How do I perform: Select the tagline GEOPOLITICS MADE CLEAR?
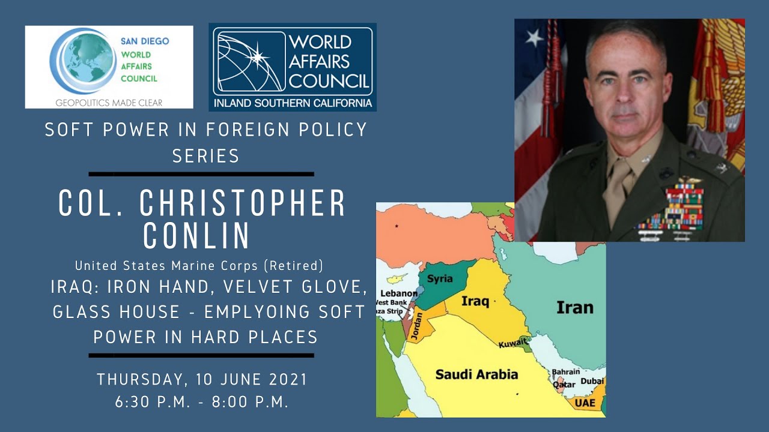[x=109, y=103]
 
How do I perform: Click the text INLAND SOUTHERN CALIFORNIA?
[x=292, y=103]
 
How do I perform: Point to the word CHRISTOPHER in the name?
[x=243, y=205]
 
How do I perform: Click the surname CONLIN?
[x=196, y=236]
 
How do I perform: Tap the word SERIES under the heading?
[x=206, y=156]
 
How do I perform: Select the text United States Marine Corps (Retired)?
[x=199, y=265]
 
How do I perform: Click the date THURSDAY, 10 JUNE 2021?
[x=202, y=380]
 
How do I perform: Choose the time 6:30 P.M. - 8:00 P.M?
[x=202, y=402]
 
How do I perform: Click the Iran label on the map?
[x=574, y=308]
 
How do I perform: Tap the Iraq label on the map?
[x=475, y=301]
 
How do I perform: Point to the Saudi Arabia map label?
[x=476, y=374]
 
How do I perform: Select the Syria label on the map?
[x=440, y=279]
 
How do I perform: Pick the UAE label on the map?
[x=585, y=403]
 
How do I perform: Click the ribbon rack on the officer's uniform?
[x=673, y=210]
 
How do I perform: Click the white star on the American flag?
[x=533, y=37]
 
